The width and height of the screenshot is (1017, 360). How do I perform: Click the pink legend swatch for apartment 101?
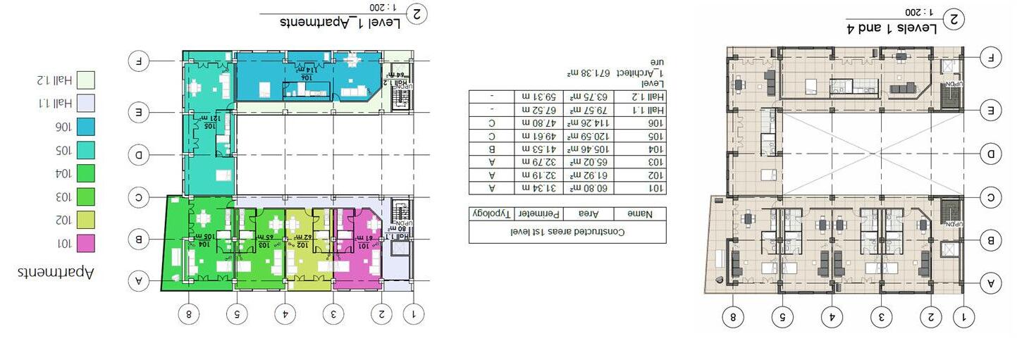pos(85,244)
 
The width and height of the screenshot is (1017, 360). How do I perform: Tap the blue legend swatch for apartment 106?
pos(85,127)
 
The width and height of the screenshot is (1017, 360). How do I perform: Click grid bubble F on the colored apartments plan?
pos(140,61)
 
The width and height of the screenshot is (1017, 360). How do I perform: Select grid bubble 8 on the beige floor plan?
pos(733,318)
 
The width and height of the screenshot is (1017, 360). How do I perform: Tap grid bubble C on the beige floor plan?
pos(990,198)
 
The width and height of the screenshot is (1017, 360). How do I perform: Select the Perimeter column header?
pos(538,213)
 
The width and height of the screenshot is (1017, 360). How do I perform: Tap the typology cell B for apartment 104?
pos(493,149)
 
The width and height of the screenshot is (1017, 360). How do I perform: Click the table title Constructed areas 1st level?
pos(567,231)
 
